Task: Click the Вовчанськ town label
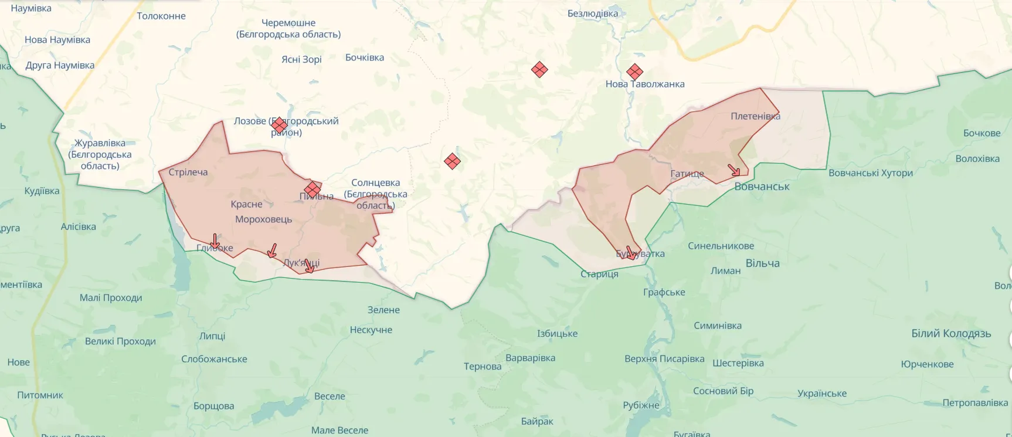(x=762, y=187)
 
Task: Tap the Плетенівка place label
(x=755, y=116)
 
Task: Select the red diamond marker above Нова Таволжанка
(x=634, y=72)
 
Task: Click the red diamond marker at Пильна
(x=312, y=189)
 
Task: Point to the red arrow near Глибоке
(x=215, y=241)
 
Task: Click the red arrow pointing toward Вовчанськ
(x=734, y=171)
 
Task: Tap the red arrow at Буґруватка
(x=630, y=253)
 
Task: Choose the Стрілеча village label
(x=188, y=172)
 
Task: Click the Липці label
(x=212, y=336)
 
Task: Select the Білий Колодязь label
(x=950, y=333)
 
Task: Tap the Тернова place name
(x=483, y=367)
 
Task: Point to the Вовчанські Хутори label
(x=870, y=173)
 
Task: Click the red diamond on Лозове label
(x=280, y=125)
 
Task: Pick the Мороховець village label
(x=263, y=219)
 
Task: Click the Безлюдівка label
(x=592, y=13)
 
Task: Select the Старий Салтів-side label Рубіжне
(x=641, y=405)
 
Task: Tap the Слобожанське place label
(x=214, y=359)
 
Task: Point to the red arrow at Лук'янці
(x=309, y=266)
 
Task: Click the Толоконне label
(x=161, y=16)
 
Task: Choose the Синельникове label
(x=721, y=246)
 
